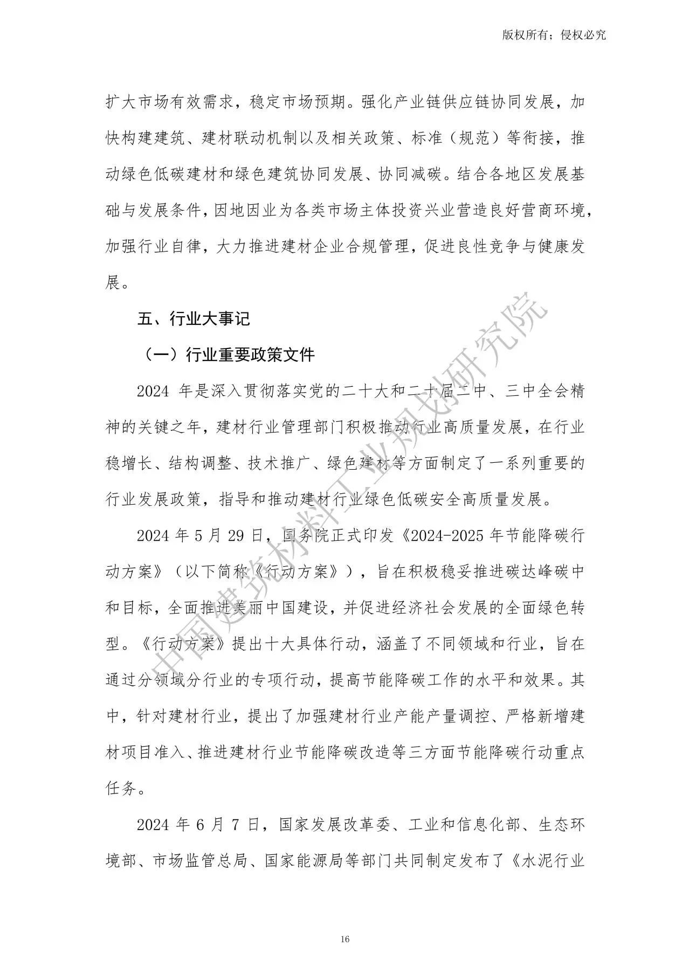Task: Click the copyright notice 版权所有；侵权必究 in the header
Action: pyautogui.click(x=554, y=35)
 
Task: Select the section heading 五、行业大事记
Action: pyautogui.click(x=194, y=319)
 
